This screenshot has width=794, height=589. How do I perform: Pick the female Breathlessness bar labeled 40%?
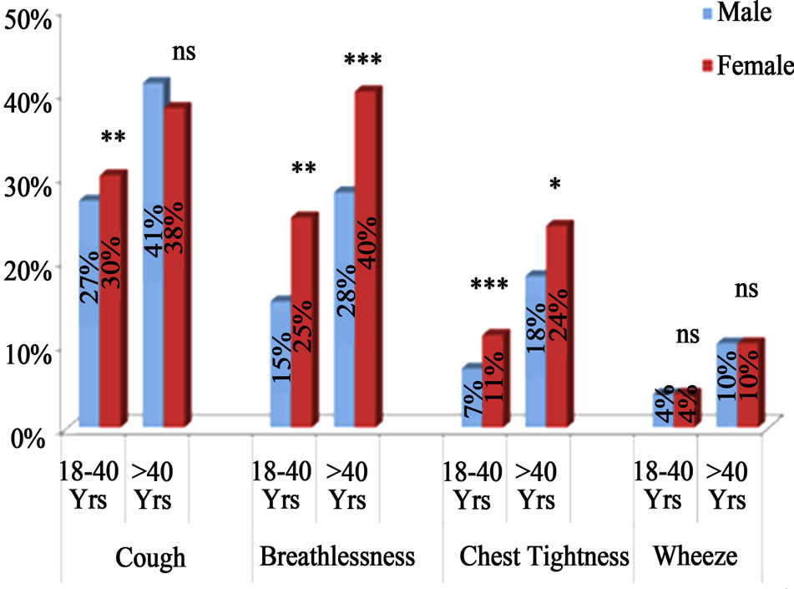coord(365,259)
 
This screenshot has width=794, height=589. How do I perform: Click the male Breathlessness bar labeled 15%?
coord(280,363)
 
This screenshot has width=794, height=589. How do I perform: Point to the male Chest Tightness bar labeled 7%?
coord(472,398)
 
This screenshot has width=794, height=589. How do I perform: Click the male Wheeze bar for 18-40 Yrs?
coord(662,409)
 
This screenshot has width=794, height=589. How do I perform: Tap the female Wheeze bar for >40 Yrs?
coord(749,385)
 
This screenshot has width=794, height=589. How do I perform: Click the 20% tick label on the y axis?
coord(28,268)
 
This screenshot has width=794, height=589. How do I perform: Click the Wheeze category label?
coord(685,556)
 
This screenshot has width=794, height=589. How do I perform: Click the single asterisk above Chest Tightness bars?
coord(555,185)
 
